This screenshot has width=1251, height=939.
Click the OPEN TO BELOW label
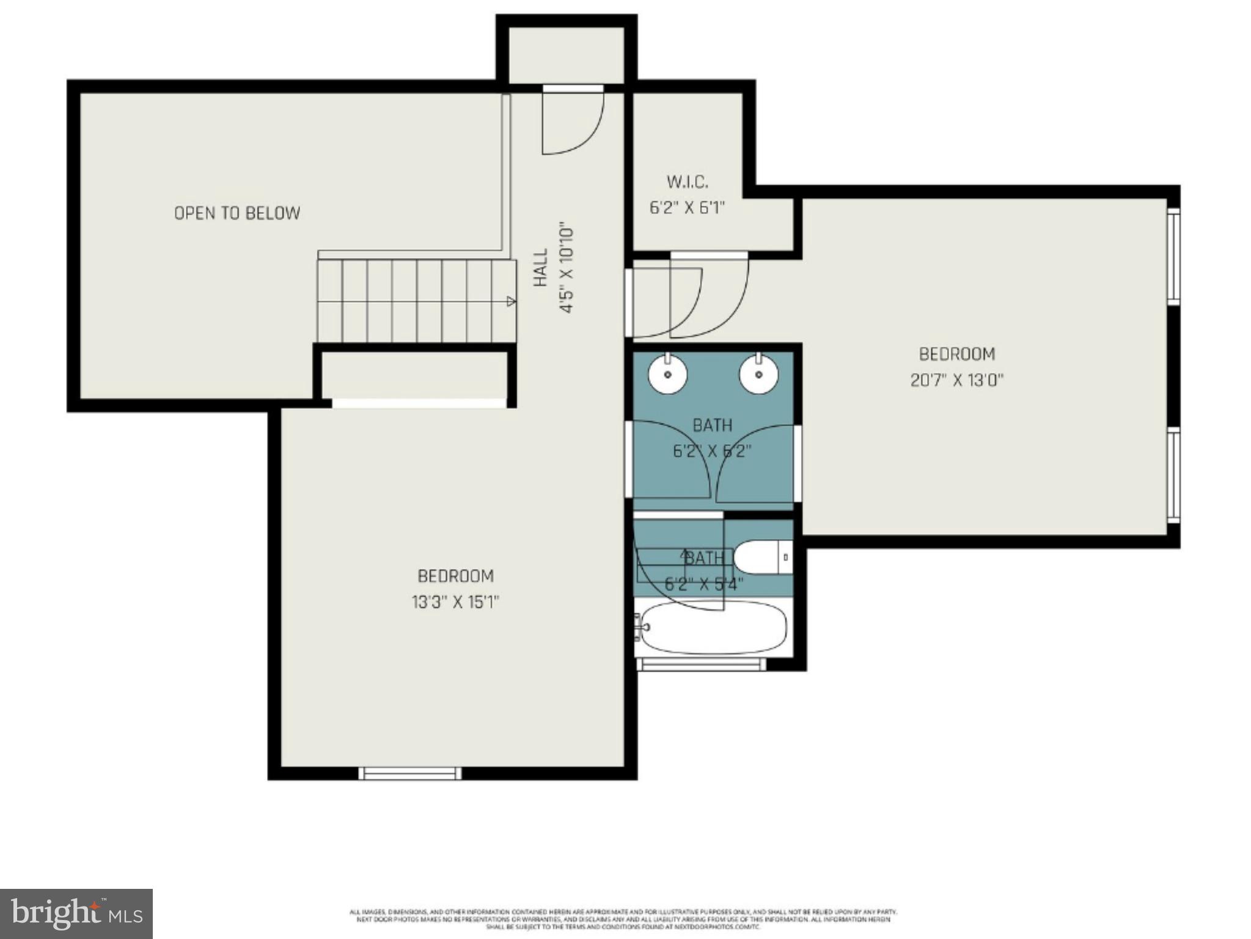click(237, 213)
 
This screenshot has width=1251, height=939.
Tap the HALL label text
click(540, 268)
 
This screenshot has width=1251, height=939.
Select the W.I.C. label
click(687, 182)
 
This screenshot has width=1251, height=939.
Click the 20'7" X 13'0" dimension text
click(956, 380)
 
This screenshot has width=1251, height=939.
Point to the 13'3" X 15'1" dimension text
click(455, 602)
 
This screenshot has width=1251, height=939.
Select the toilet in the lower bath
click(761, 558)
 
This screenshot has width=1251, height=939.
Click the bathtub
click(712, 628)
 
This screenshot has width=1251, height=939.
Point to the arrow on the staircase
click(511, 301)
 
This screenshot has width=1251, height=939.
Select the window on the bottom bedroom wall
click(409, 773)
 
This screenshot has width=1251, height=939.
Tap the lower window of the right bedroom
click(1173, 475)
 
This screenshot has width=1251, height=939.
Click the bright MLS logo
click(76, 913)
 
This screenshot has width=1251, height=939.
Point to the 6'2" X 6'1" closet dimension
click(687, 208)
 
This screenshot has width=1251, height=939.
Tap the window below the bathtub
click(700, 664)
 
